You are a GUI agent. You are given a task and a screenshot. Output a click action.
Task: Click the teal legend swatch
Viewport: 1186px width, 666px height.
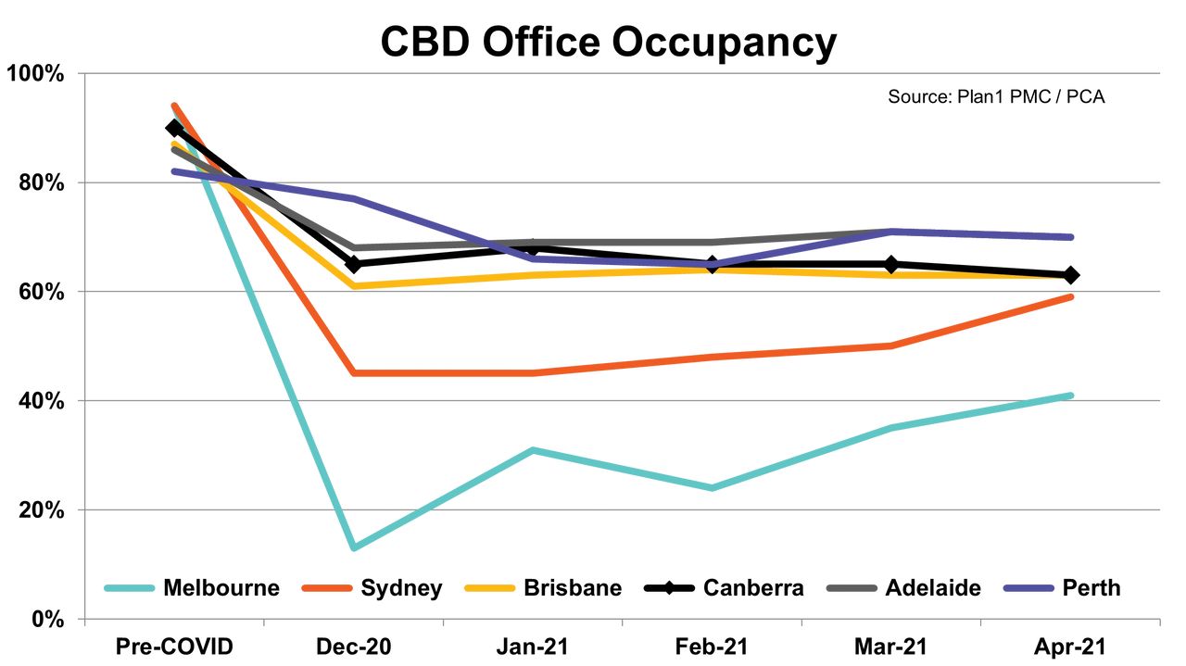tap(129, 587)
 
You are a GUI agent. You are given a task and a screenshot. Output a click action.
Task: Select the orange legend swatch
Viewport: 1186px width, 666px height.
tap(327, 587)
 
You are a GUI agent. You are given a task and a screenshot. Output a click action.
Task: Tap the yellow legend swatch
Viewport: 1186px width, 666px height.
tap(489, 587)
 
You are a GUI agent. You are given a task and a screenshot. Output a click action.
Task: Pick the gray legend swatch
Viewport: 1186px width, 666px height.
tap(852, 587)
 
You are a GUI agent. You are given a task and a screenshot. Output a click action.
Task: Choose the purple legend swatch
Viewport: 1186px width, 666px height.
tap(1028, 587)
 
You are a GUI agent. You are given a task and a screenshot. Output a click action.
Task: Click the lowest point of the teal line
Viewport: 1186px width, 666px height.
tap(353, 547)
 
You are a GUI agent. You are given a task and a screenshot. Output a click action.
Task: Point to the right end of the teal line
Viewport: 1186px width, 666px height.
tap(1073, 395)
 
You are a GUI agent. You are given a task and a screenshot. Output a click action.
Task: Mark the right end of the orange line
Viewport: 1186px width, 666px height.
tap(1073, 297)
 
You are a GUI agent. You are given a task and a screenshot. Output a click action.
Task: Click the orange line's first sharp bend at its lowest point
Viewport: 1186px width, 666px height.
tap(353, 372)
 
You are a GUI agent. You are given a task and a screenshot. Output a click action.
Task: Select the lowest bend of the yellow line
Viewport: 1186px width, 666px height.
tap(353, 284)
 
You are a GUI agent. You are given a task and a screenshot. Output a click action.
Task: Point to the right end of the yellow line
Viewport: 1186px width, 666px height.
tap(1062, 279)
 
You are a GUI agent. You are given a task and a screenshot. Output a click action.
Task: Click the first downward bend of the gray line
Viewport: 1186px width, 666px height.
tap(355, 247)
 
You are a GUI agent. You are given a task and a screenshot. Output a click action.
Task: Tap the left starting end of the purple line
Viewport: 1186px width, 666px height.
tap(172, 171)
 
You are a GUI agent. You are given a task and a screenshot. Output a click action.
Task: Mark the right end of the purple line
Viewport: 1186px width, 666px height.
tap(1073, 237)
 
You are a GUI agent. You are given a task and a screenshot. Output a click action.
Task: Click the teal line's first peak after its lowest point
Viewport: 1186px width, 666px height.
tap(533, 449)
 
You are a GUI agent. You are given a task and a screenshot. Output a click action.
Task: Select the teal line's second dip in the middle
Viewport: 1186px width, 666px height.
tap(712, 488)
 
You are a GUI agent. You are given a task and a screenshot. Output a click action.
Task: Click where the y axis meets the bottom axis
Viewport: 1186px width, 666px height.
tap(84, 619)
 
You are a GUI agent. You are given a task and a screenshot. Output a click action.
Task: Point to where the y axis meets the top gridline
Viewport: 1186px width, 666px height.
tap(84, 73)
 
